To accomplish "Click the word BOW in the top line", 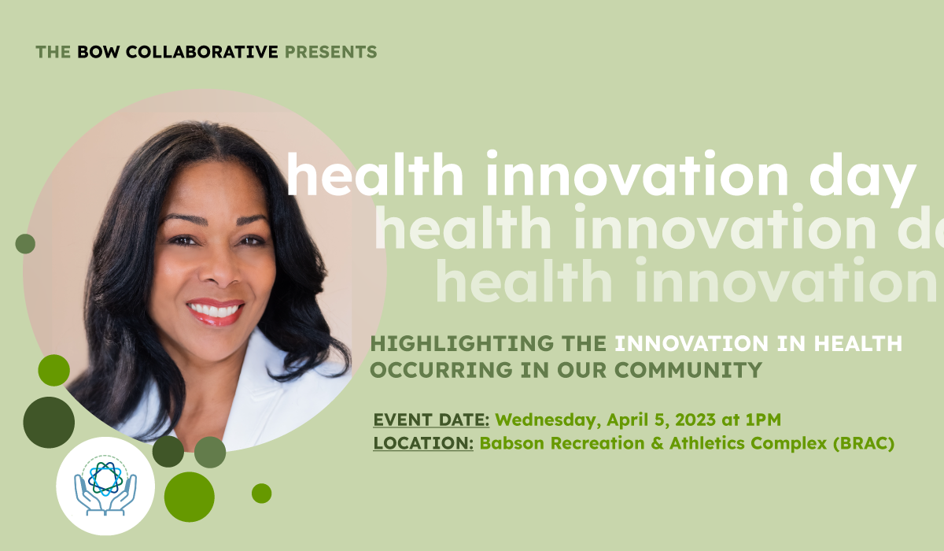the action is [x=98, y=52].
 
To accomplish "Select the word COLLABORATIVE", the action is [x=202, y=52].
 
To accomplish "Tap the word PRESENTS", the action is [x=331, y=52].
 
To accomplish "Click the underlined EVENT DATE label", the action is [x=431, y=420].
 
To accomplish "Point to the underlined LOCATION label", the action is [x=423, y=443].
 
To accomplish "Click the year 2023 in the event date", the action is [x=695, y=420].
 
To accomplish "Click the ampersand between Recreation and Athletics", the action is [x=657, y=443].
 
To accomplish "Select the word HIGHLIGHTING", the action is [x=462, y=343].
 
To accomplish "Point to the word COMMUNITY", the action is [x=688, y=370].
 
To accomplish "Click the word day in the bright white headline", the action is [x=862, y=178].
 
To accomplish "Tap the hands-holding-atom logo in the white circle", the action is [x=105, y=487].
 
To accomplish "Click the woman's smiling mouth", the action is [x=216, y=312].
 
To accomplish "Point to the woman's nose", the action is [x=219, y=271].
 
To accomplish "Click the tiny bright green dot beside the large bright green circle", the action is [x=262, y=494].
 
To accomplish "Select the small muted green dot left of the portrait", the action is [x=25, y=244].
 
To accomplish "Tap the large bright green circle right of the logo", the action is [x=190, y=497].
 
